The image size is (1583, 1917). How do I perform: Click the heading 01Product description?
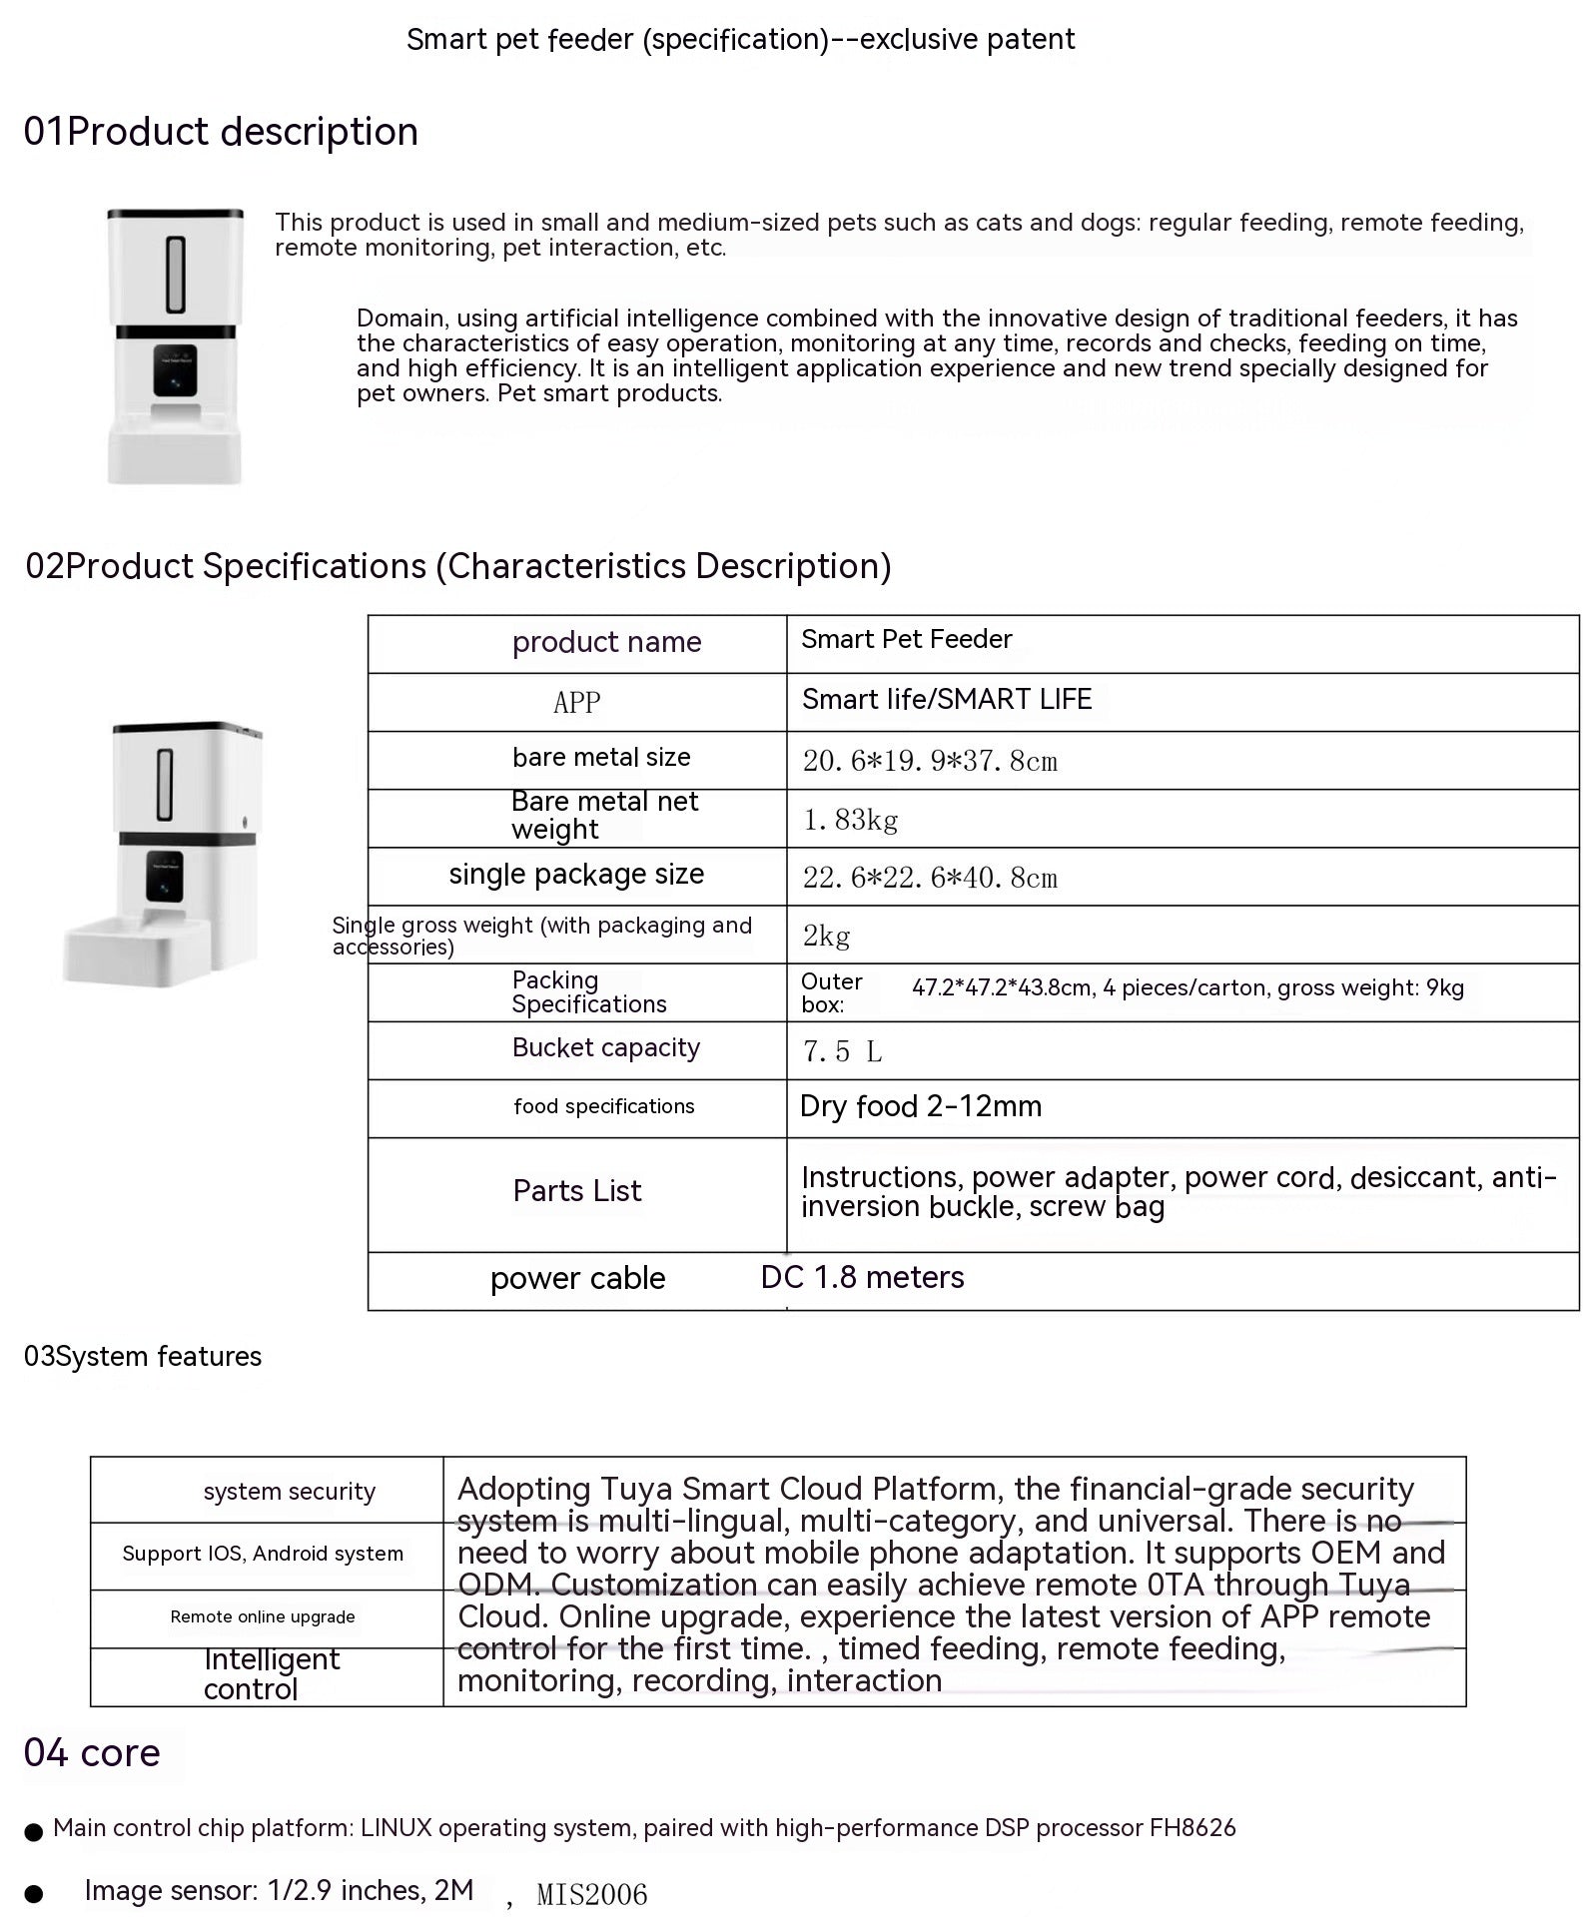[221, 132]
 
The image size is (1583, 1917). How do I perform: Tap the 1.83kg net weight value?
[850, 820]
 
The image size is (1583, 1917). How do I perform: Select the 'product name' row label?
[606, 642]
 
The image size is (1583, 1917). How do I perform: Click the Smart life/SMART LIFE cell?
[946, 700]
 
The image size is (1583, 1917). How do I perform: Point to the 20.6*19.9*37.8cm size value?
[929, 762]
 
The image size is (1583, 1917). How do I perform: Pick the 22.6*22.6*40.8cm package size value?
[929, 879]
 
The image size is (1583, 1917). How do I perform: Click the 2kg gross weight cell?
[826, 937]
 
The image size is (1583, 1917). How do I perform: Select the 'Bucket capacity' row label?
[605, 1048]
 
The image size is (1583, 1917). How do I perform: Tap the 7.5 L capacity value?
[842, 1052]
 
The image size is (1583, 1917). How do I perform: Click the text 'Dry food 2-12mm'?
[920, 1106]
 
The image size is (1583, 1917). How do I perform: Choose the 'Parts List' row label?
[576, 1191]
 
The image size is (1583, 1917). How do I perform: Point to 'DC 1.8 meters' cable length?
[862, 1278]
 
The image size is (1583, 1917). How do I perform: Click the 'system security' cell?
[289, 1492]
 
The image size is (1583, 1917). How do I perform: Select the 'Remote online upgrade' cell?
[262, 1617]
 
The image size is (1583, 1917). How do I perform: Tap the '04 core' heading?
[92, 1753]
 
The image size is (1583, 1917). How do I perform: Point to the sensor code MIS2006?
[591, 1894]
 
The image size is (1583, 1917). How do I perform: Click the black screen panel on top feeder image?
[175, 370]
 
